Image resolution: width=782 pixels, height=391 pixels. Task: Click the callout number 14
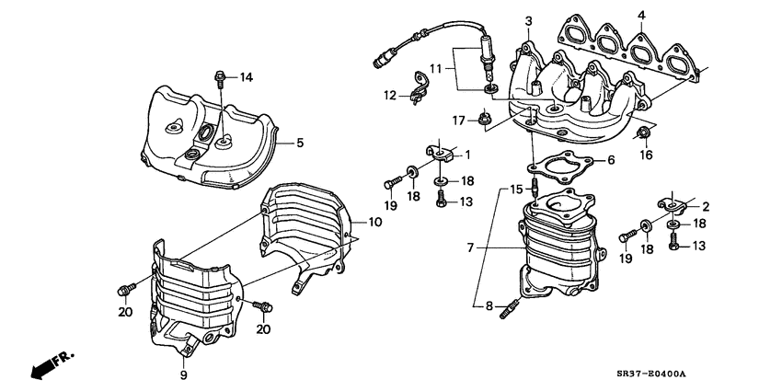246,77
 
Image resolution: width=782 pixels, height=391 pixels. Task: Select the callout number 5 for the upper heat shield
298,143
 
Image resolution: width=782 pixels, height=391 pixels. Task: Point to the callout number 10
374,222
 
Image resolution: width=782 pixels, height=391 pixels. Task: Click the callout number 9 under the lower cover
182,374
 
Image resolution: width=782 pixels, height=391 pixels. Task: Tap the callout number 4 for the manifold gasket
641,14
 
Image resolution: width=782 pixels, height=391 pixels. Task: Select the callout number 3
528,20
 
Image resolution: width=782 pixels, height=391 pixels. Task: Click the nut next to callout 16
644,135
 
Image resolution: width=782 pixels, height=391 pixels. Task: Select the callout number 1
467,154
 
